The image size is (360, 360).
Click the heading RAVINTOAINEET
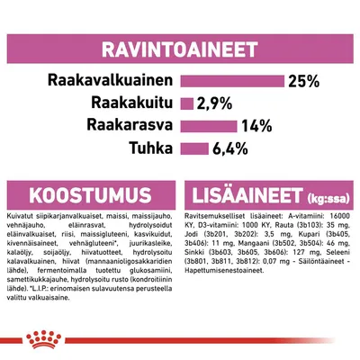pyautogui.click(x=180, y=42)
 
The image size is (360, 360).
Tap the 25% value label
pyautogui.click(x=303, y=81)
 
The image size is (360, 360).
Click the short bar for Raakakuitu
pyautogui.click(x=190, y=103)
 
